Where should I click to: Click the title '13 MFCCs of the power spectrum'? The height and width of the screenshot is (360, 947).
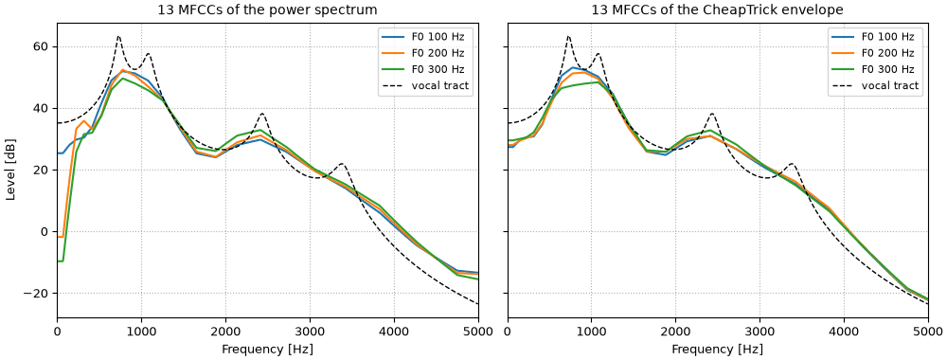268,9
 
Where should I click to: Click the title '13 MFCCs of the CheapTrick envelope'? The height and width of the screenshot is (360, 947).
718,9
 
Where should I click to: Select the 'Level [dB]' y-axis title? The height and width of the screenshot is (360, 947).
10,171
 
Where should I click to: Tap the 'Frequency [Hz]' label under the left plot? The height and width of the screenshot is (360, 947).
268,350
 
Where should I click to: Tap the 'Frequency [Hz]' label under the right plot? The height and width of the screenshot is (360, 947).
718,350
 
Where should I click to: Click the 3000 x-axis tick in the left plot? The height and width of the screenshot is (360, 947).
310,332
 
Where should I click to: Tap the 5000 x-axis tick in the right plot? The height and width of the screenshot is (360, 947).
929,332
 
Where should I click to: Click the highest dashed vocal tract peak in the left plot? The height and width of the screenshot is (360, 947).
118,37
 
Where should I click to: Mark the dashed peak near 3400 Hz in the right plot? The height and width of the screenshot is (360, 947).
791,164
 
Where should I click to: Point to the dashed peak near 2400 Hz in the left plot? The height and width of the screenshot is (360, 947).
261,114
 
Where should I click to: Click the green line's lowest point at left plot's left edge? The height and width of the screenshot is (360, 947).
60,261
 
